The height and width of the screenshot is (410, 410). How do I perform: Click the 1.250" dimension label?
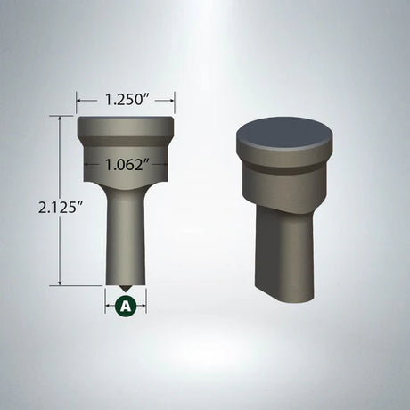(126, 100)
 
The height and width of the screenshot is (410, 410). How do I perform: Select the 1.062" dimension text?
(126, 164)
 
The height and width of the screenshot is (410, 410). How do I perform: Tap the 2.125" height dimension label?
(61, 207)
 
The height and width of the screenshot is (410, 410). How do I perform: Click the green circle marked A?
(126, 305)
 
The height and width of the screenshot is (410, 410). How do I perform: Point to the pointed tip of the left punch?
(125, 291)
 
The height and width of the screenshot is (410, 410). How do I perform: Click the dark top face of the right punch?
(284, 134)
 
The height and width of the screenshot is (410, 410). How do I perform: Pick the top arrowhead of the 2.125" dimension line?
(61, 118)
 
